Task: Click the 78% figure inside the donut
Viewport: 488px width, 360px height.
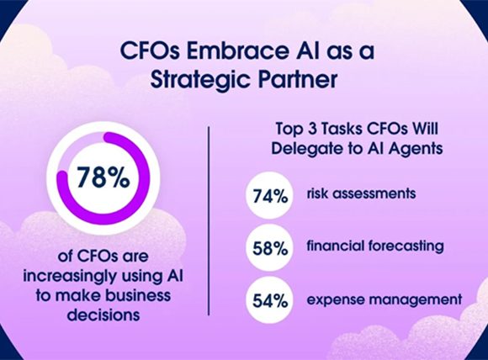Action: [x=103, y=177]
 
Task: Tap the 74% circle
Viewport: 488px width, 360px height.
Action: [x=269, y=196]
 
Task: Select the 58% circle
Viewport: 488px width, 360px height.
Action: [x=269, y=248]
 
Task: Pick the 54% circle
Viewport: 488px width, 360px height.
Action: [x=269, y=300]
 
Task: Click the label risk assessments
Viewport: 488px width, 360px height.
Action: [x=361, y=193]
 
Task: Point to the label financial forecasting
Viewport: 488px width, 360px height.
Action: [x=375, y=246]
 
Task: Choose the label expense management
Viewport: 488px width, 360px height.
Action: [x=385, y=300]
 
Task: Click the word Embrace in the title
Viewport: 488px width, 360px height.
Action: [x=236, y=50]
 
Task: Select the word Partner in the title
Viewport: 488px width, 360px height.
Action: [x=298, y=79]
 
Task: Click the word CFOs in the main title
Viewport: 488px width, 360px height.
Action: [x=150, y=50]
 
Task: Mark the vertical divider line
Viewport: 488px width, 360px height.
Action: [x=209, y=221]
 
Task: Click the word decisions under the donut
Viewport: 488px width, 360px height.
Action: [x=103, y=315]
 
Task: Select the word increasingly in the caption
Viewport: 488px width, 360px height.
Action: [x=70, y=276]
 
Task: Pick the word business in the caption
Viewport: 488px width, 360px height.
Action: [x=138, y=295]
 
